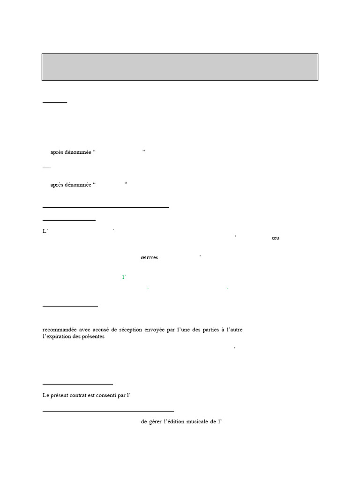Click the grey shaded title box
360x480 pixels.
pyautogui.click(x=180, y=67)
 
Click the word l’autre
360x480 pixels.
pyautogui.click(x=234, y=330)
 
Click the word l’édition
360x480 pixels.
pyautogui.click(x=178, y=421)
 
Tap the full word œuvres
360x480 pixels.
pyautogui.click(x=150, y=258)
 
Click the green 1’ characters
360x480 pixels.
pyautogui.click(x=124, y=277)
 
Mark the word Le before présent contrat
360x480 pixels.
pyautogui.click(x=45, y=396)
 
